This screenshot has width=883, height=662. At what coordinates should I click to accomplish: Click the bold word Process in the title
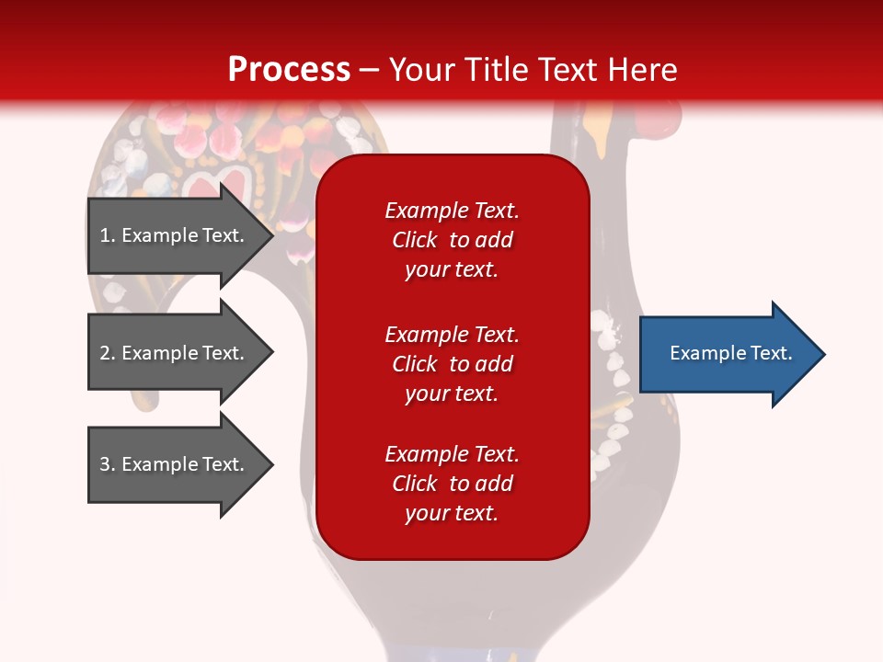(290, 70)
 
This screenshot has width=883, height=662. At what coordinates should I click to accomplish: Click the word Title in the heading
(495, 70)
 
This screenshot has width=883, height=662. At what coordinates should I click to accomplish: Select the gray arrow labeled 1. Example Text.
(181, 235)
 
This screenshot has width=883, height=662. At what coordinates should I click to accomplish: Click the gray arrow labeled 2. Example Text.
(181, 352)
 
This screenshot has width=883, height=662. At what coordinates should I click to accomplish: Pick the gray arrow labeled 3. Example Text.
(181, 464)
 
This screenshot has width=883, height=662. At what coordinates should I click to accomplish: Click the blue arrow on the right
(732, 354)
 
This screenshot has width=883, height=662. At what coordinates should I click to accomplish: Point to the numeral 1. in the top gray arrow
(107, 235)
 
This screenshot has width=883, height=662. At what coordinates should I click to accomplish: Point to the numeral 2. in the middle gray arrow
(107, 353)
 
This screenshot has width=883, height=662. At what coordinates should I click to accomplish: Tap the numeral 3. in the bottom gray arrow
(107, 464)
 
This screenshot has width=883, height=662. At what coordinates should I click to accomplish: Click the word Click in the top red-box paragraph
(415, 240)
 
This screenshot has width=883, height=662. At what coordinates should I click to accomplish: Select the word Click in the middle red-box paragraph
(415, 364)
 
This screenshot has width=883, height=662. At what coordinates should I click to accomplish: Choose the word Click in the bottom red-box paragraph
(415, 483)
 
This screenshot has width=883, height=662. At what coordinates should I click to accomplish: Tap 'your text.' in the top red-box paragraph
(452, 269)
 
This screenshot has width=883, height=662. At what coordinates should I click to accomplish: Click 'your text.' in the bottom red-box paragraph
(452, 513)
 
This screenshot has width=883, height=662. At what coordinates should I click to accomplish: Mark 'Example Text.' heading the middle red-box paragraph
(452, 335)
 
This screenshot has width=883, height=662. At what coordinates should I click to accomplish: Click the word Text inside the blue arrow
(772, 353)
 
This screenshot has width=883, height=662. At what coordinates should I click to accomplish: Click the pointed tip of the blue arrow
(826, 354)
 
